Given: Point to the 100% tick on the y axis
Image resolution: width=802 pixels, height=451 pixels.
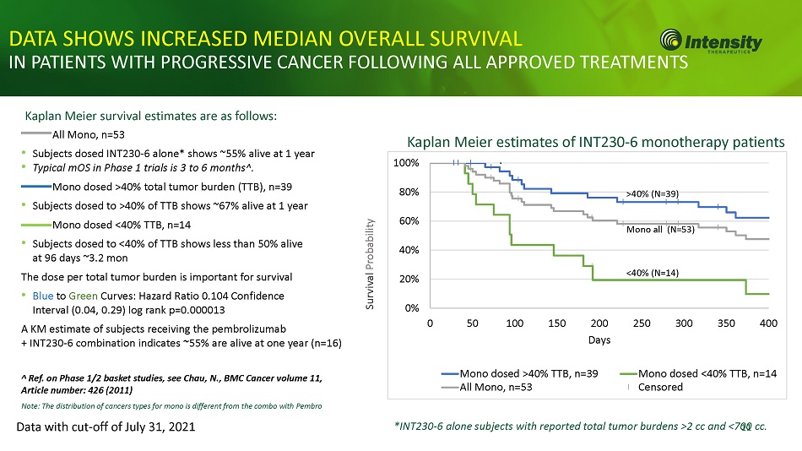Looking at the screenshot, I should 409,162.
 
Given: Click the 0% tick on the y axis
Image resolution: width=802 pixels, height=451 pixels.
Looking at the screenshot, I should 413,307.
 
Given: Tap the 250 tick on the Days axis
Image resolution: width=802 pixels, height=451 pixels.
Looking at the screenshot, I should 642,323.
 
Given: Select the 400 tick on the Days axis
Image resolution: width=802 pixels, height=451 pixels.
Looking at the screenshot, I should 768,323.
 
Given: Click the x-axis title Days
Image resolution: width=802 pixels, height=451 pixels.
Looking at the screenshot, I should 599,340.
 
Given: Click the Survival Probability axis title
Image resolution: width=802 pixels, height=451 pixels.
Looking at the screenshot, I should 371,264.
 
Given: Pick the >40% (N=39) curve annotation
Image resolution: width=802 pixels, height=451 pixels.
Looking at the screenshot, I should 653,193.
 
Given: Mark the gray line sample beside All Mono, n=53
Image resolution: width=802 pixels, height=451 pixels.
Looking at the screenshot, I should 35,133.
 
